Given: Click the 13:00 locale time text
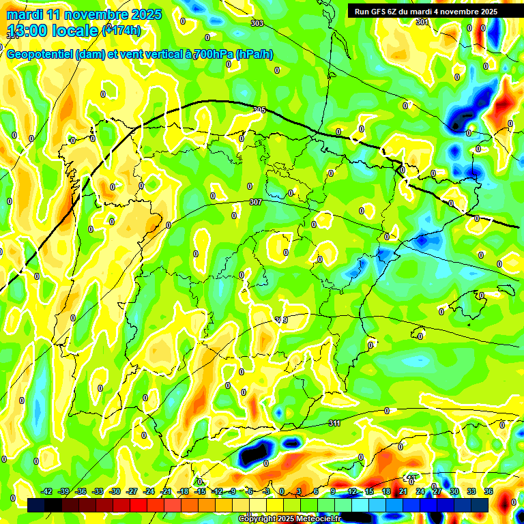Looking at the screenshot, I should pyautogui.click(x=53, y=31).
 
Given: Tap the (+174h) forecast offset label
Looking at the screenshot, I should pyautogui.click(x=121, y=30).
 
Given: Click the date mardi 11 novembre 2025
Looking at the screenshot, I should pyautogui.click(x=84, y=14).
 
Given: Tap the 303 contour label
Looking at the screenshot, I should pyautogui.click(x=257, y=24).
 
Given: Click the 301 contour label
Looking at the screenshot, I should pyautogui.click(x=422, y=22).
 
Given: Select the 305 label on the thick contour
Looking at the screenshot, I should pyautogui.click(x=259, y=110).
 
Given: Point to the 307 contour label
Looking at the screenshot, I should pyautogui.click(x=256, y=202).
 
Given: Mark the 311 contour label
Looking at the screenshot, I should pyautogui.click(x=334, y=424).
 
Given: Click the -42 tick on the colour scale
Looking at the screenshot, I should pyautogui.click(x=46, y=491).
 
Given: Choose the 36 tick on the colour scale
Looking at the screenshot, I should pyautogui.click(x=489, y=491).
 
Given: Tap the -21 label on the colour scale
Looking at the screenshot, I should pyautogui.click(x=166, y=491).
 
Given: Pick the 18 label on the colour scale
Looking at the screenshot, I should pyautogui.click(x=386, y=491).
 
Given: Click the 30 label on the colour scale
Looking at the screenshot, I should pyautogui.click(x=454, y=491).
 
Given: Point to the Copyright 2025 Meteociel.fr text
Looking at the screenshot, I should pyautogui.click(x=290, y=519).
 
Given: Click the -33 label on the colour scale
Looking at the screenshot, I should pyautogui.click(x=98, y=491).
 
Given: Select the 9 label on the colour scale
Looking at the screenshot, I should pyautogui.click(x=334, y=491).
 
